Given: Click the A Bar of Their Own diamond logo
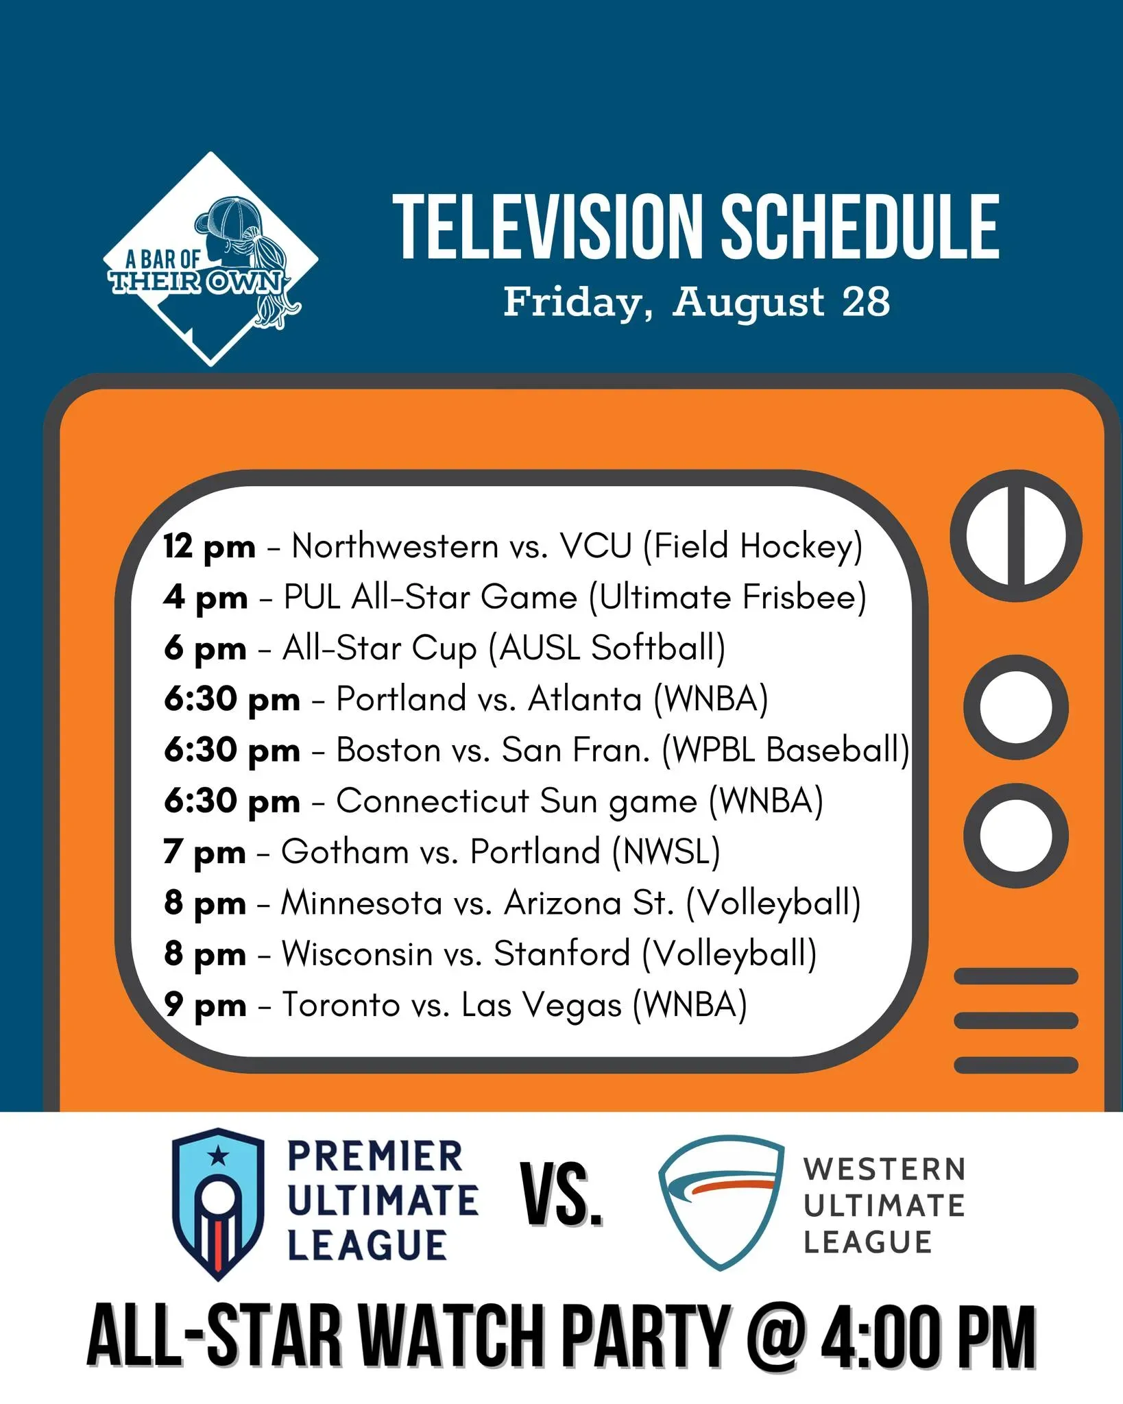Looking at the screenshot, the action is (x=210, y=259).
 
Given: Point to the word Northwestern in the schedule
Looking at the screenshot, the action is (x=396, y=546).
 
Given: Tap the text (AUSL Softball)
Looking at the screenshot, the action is (x=607, y=648).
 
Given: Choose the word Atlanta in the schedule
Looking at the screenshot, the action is (x=585, y=699).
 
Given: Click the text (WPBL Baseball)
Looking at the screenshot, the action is (x=786, y=750).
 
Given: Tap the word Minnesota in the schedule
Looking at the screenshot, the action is (x=362, y=903).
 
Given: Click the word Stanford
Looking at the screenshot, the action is (x=562, y=954).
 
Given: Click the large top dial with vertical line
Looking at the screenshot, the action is (x=1016, y=535).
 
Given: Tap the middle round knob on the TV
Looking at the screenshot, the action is (x=1016, y=707).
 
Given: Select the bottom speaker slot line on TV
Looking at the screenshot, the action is (x=1016, y=1065).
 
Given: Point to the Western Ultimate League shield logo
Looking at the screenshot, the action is (x=721, y=1203).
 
